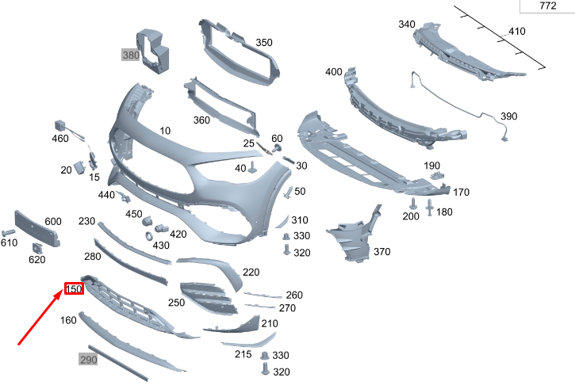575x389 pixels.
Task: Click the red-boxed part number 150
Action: [x=74, y=289]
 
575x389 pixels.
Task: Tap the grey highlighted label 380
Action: [x=130, y=55]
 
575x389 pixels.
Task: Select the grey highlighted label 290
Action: [x=87, y=360]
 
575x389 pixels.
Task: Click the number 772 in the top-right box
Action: [x=548, y=6]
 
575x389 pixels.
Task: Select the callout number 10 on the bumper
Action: [x=165, y=131]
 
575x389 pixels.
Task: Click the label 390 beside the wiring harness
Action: [x=508, y=116]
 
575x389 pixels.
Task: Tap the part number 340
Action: [x=407, y=25]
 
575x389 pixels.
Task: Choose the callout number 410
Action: [x=516, y=32]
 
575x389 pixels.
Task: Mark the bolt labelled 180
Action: [x=430, y=208]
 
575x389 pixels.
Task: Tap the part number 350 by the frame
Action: [x=264, y=43]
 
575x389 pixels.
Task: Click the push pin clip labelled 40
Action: [x=253, y=167]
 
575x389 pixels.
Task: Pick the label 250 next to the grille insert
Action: [x=176, y=303]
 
